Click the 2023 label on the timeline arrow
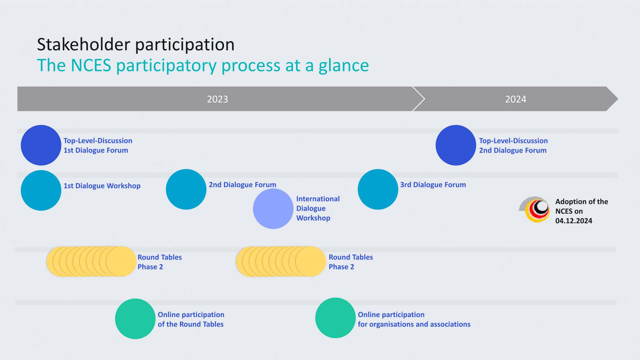click(217, 99)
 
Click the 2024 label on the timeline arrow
click(516, 99)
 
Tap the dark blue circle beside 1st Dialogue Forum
click(41, 145)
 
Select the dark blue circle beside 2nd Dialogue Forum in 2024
click(456, 145)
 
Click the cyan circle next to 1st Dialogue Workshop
click(41, 190)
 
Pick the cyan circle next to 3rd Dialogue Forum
click(378, 189)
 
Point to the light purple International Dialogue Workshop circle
click(273, 209)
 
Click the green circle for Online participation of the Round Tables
click(135, 319)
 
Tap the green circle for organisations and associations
click(336, 318)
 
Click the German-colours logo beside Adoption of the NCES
click(535, 210)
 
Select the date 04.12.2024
click(574, 221)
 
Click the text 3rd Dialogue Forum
click(433, 185)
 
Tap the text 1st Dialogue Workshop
click(102, 186)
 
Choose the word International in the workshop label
click(318, 199)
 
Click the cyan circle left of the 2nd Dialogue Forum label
click(186, 189)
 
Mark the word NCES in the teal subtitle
click(91, 65)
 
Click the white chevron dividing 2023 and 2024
click(419, 99)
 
